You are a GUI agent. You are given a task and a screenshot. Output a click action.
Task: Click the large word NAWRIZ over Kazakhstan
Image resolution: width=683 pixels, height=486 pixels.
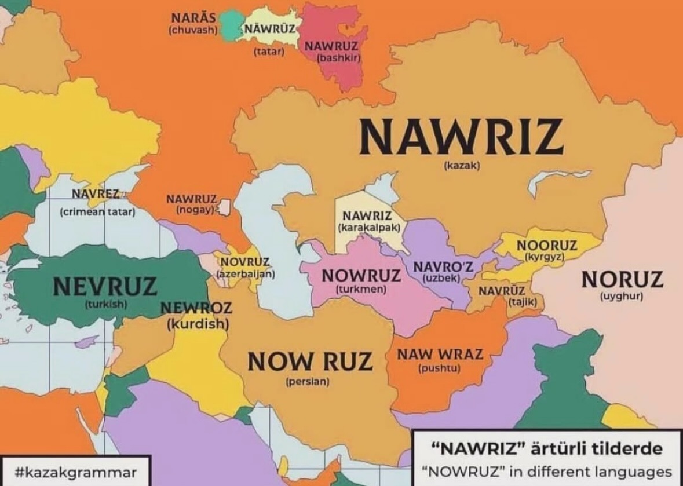[461, 136]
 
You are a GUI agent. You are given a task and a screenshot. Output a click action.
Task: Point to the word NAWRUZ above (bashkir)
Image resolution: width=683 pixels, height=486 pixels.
[331, 46]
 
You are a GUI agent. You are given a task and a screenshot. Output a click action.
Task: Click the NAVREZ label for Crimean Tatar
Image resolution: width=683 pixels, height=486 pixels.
[96, 194]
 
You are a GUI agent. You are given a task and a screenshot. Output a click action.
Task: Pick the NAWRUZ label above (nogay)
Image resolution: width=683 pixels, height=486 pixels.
[191, 199]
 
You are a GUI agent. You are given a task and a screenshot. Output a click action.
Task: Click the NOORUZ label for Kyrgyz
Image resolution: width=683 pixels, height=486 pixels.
[546, 246]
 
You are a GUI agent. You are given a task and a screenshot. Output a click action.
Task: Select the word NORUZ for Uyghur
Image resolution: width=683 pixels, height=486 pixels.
[622, 280]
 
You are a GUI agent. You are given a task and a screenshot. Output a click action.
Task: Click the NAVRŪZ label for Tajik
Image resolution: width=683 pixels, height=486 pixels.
[502, 291]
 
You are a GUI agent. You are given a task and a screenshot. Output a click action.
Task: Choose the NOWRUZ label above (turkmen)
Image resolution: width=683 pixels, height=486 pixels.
[361, 275]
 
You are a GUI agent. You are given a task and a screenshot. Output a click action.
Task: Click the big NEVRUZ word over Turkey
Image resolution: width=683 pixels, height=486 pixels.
[105, 286]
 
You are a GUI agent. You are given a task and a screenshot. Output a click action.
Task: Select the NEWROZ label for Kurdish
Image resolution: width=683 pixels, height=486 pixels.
[196, 308]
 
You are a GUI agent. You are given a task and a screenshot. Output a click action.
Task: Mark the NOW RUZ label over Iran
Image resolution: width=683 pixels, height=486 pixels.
[309, 361]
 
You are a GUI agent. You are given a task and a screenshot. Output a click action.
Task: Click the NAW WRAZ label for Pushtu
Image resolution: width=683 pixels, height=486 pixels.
[440, 354]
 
